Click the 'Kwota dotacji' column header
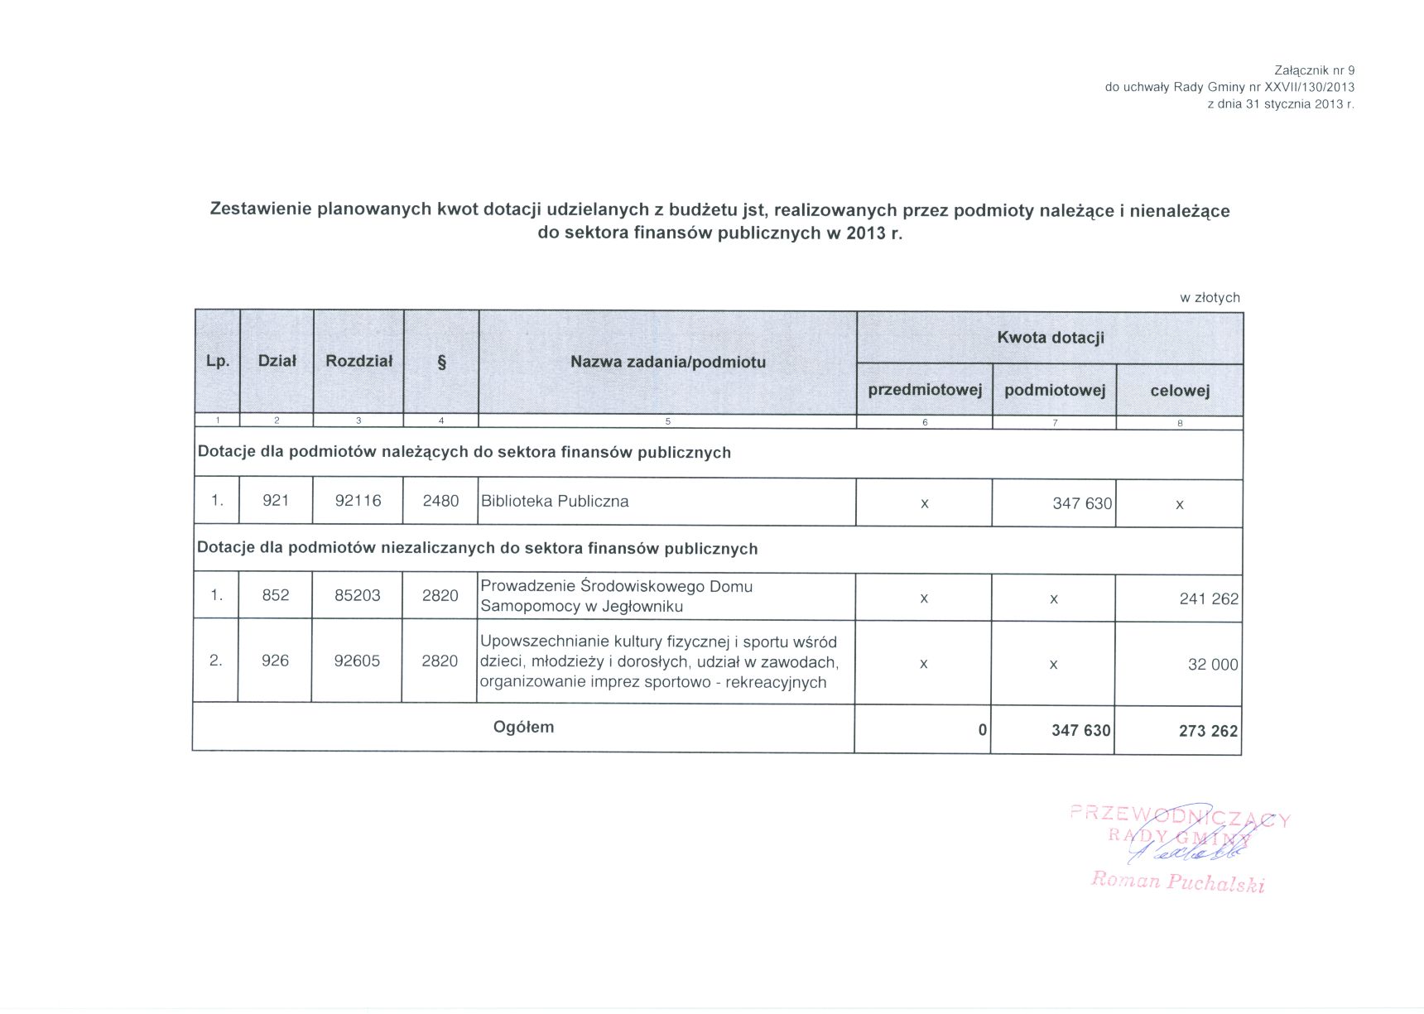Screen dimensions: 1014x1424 pyautogui.click(x=1050, y=338)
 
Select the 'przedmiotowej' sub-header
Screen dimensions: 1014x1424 pyautogui.click(x=924, y=390)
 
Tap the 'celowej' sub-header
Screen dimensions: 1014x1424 pyautogui.click(x=1180, y=391)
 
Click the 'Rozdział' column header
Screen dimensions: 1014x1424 pyautogui.click(x=358, y=361)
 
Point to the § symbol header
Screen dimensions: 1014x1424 pyautogui.click(x=441, y=362)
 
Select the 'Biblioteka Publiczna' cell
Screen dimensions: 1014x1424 pyautogui.click(x=555, y=502)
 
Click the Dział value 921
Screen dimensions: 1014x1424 pyautogui.click(x=276, y=501)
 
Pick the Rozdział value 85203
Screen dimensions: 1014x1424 pyautogui.click(x=357, y=596)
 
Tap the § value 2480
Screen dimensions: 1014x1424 pyautogui.click(x=440, y=501)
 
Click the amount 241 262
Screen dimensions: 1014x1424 pyautogui.click(x=1209, y=599)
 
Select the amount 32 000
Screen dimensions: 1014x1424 pyautogui.click(x=1213, y=665)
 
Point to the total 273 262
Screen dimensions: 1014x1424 pyautogui.click(x=1208, y=731)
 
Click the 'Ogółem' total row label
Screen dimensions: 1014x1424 pyautogui.click(x=523, y=728)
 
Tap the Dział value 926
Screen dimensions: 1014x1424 pyautogui.click(x=275, y=661)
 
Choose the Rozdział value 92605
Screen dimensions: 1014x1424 pyautogui.click(x=357, y=661)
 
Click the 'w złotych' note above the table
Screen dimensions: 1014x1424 pyautogui.click(x=1210, y=298)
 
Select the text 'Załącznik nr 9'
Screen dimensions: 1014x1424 pyautogui.click(x=1314, y=71)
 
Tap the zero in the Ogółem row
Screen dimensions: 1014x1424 pyautogui.click(x=982, y=730)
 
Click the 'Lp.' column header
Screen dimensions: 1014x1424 pyautogui.click(x=218, y=361)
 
